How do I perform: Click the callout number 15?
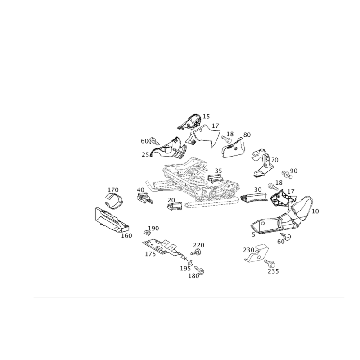point(206,117)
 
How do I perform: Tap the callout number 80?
point(247,135)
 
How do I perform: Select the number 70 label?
point(274,160)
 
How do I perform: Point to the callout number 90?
point(294,171)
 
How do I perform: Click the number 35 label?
point(218,171)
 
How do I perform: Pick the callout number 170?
point(113,190)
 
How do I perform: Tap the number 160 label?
point(126,235)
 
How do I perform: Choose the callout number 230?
point(249,250)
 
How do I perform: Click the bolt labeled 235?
point(270,263)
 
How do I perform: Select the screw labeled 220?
point(196,252)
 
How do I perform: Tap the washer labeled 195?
point(190,262)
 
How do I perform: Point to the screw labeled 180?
point(200,270)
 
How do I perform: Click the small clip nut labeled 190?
point(147,233)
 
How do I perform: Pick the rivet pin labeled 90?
point(287,175)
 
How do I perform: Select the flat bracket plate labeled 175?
point(165,249)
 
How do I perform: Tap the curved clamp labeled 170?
point(114,201)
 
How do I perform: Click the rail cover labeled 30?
point(254,198)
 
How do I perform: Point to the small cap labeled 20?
point(175,206)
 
